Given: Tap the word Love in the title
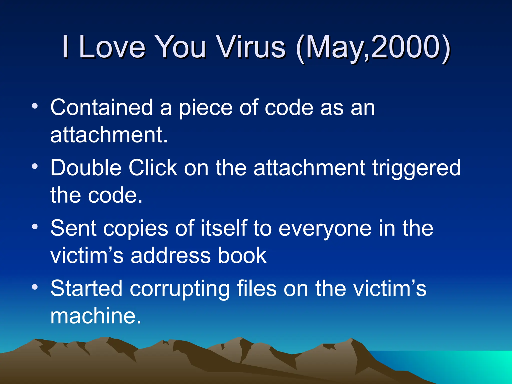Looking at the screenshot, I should coord(112,47).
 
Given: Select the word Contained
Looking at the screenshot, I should coord(101,107).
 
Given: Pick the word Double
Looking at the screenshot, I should coord(86,168).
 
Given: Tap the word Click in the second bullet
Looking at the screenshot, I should coord(152,168).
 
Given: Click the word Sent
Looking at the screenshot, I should coord(73,228).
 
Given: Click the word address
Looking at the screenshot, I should coord(170,255).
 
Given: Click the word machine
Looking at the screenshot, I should coord(95,316).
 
